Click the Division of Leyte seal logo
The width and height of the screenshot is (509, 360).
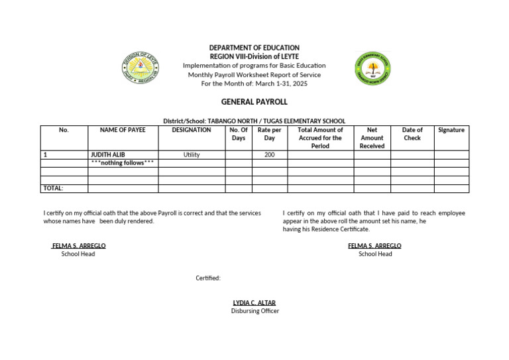pos(141,69)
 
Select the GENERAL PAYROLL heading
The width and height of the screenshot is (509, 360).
pos(254,102)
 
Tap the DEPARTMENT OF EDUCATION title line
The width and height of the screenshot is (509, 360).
pos(254,48)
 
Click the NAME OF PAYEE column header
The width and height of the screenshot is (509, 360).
pos(123,130)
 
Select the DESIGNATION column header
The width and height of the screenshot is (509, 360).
pos(192,130)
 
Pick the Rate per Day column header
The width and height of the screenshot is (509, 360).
pos(269,134)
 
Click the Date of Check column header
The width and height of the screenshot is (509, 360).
pos(412,134)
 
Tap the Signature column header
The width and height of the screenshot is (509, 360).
pos(451,130)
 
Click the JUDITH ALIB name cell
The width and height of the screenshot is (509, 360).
pos(108,154)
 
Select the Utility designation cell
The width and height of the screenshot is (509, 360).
pos(192,154)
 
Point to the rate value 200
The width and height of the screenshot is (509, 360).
pos(269,154)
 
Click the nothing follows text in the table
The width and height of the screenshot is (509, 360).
pos(123,163)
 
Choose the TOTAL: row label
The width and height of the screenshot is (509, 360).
pos(53,188)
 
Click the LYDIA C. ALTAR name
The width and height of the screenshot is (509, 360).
pos(254,303)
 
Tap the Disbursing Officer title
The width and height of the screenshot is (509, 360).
pos(254,311)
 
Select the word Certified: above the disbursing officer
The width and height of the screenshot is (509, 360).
pos(207,278)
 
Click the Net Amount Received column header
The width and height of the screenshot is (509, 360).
pos(372,138)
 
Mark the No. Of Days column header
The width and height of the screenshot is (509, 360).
pos(238,134)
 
